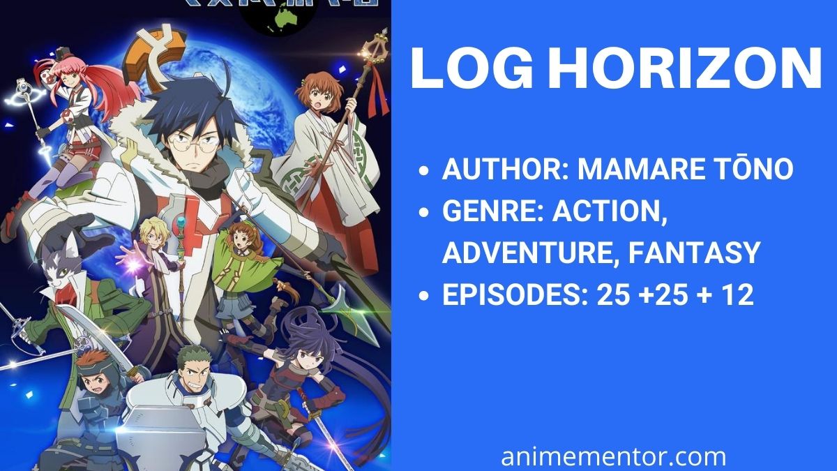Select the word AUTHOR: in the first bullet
[506, 169]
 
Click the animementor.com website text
[614, 457]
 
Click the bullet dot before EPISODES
[423, 296]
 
